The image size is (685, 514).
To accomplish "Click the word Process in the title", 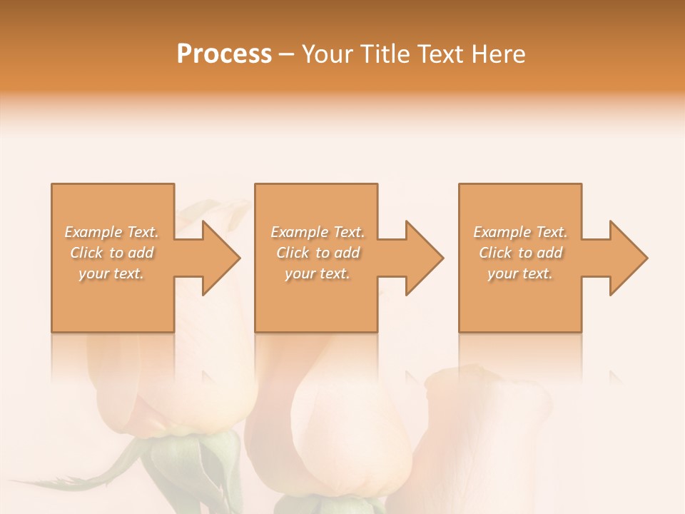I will tap(224, 54).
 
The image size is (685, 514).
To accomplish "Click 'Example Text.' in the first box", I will tap(111, 232).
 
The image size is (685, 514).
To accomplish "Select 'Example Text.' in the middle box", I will tap(317, 232).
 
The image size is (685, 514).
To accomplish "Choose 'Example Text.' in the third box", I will tap(520, 232).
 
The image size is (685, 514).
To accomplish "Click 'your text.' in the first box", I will tap(111, 273).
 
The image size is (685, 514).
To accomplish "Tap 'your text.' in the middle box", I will tap(317, 273).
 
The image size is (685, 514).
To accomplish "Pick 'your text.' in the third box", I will tap(520, 273).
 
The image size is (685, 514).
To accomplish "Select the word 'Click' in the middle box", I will tap(293, 253).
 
